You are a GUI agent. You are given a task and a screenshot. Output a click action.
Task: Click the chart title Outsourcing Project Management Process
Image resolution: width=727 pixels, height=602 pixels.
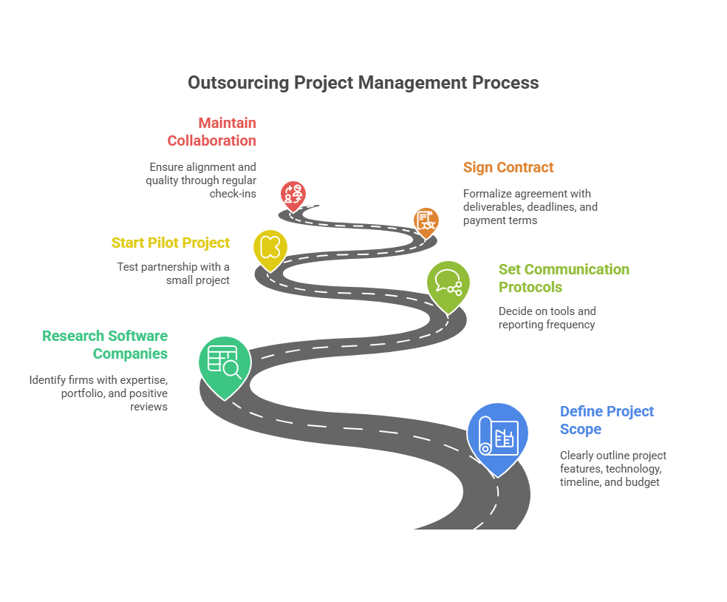pos(363,82)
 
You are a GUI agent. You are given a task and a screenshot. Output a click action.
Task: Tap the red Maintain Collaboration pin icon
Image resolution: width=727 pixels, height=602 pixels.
pos(293,195)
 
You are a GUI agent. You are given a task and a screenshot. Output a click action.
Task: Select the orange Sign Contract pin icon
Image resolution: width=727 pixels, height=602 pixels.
pos(426,220)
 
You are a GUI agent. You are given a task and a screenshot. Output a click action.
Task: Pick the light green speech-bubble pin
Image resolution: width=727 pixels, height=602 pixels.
pos(448,283)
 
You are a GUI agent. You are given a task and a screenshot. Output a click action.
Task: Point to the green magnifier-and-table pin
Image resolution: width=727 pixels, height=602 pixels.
pos(225,362)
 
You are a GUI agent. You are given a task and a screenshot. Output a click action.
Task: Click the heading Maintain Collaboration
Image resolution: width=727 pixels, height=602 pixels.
pos(212,132)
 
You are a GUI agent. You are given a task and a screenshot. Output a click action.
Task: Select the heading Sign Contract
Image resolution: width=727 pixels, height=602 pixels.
pos(508,167)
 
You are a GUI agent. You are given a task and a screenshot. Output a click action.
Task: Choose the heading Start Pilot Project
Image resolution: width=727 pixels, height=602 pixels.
pos(171,243)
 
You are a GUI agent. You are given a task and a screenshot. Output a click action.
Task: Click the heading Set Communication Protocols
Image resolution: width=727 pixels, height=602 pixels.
pos(564,278)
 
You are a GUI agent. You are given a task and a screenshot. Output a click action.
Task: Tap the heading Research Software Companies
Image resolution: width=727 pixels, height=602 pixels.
pos(105,345)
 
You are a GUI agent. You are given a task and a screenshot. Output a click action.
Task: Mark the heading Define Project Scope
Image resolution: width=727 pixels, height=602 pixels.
pos(607,420)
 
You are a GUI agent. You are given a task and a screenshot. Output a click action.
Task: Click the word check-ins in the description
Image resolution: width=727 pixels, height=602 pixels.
pos(233,194)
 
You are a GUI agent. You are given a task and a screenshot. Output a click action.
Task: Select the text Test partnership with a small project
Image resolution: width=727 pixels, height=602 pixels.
pos(174,274)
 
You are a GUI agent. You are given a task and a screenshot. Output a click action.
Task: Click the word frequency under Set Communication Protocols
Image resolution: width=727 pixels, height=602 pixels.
pos(570,324)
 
